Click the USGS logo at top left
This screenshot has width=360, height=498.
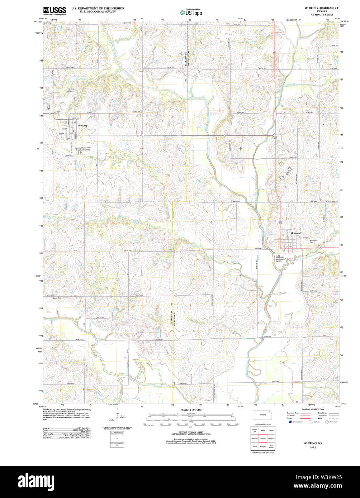pyautogui.click(x=55, y=11)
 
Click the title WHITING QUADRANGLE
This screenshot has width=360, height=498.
pyautogui.click(x=321, y=8)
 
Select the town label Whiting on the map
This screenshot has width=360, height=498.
pyautogui.click(x=82, y=126)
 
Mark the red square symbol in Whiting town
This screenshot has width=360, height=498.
pyautogui.click(x=74, y=131)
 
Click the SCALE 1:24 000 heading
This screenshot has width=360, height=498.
pyautogui.click(x=191, y=410)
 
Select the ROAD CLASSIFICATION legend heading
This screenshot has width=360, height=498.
pyautogui.click(x=313, y=409)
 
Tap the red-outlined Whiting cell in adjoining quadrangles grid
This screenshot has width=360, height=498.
pyautogui.click(x=263, y=439)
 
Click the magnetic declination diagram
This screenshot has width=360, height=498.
pyautogui.click(x=117, y=418)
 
